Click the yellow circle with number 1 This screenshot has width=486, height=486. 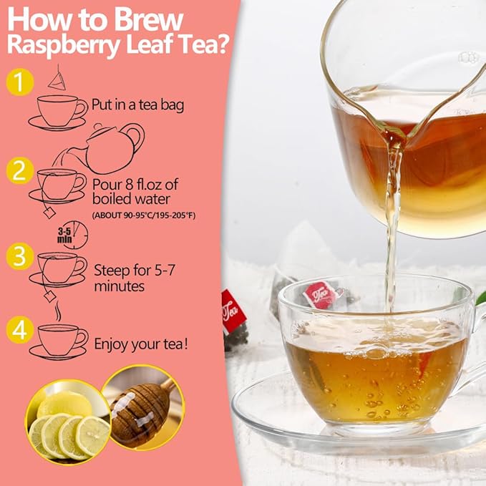click(20, 82)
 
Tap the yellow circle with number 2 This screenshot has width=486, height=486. click(20, 171)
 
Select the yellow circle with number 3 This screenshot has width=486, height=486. click(20, 256)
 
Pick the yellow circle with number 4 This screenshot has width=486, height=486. click(20, 330)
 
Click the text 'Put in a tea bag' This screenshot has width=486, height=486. click(138, 105)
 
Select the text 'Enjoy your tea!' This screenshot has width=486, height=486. click(142, 344)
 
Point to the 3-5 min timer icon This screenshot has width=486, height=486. click(72, 234)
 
